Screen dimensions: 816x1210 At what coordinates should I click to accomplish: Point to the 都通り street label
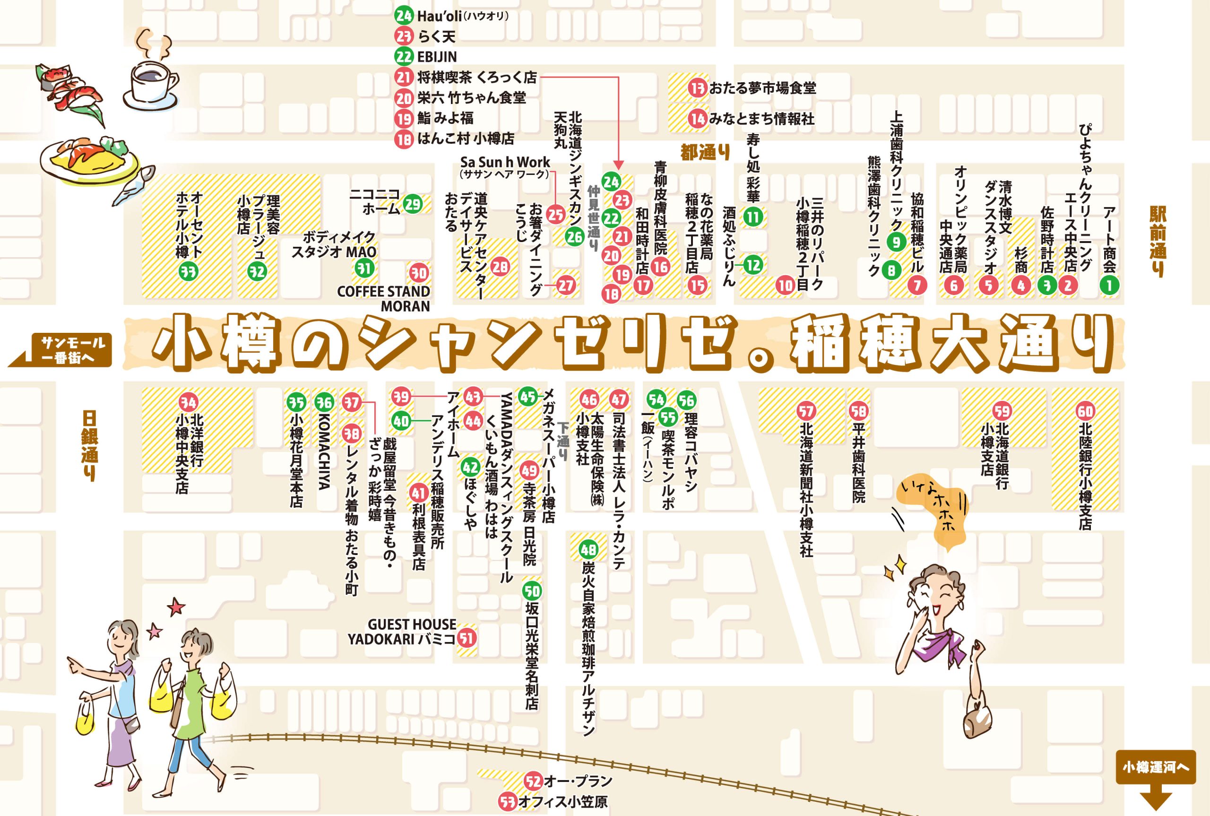(x=705, y=153)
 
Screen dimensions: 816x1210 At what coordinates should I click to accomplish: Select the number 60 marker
(x=1085, y=412)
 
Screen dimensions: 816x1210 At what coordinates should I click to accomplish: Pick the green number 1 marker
(x=1109, y=285)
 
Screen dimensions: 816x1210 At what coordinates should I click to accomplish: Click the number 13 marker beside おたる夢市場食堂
(x=697, y=88)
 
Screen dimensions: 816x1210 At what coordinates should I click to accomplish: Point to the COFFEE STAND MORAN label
(x=384, y=298)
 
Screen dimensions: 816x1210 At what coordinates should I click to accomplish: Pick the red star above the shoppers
(x=176, y=607)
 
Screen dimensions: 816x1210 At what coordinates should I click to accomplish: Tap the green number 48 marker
(x=588, y=549)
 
